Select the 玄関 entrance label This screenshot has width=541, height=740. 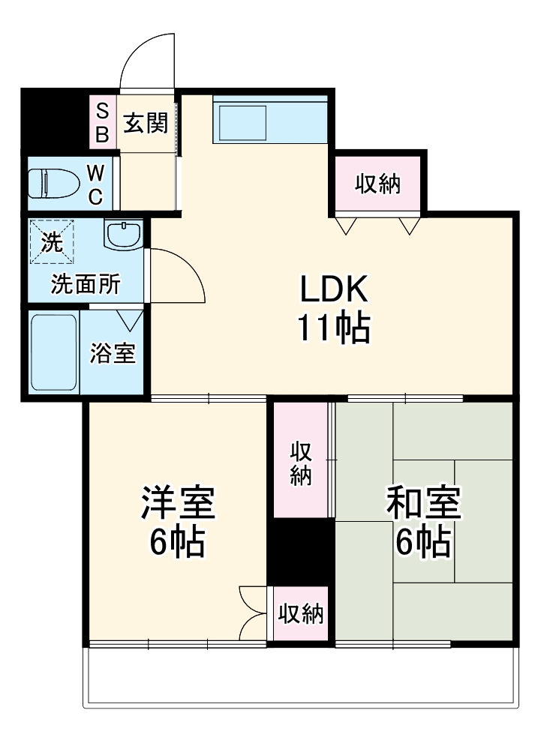click(145, 122)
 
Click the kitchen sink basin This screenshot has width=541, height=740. click(242, 123)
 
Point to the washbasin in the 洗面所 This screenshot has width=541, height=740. click(122, 235)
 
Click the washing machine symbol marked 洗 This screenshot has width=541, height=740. click(52, 241)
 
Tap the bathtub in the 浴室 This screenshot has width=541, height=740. click(53, 352)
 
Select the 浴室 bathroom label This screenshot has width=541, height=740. click(113, 353)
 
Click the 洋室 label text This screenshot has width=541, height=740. click(178, 504)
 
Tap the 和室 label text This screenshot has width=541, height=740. click(422, 504)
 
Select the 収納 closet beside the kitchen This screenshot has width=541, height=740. click(377, 183)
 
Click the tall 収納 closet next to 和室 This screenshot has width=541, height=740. click(302, 463)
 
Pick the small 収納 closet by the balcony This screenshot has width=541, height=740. click(301, 614)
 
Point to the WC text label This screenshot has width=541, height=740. click(95, 184)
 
